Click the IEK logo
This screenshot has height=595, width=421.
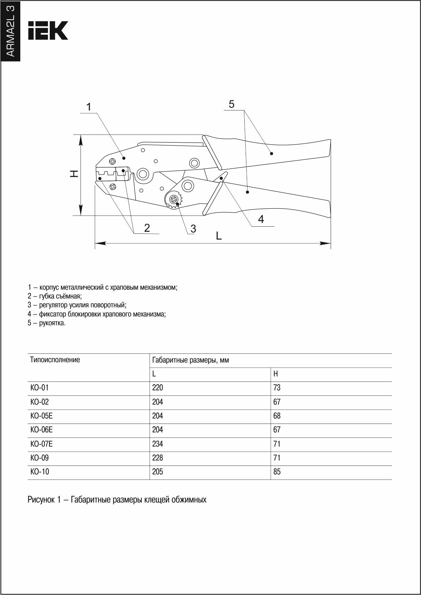pos(48,30)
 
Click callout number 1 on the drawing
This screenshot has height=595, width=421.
pos(89,107)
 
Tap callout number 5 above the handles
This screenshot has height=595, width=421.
pos(231,104)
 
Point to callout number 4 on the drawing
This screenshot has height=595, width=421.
pos(261,220)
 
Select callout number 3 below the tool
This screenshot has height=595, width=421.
pos(193,229)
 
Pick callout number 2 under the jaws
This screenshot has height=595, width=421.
pos(147,228)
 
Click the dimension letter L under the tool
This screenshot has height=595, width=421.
pos(219,236)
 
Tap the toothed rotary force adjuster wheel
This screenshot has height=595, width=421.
pos(174,200)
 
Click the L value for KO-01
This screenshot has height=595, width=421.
pos(157,388)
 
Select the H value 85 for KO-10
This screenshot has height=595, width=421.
pos(277,472)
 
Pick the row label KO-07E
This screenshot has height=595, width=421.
pos(41,444)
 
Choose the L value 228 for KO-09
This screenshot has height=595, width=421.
pos(157,458)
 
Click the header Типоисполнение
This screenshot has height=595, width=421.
pos(55,360)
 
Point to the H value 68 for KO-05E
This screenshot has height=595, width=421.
pos(277,416)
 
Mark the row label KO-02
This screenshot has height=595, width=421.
pos(40,402)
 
